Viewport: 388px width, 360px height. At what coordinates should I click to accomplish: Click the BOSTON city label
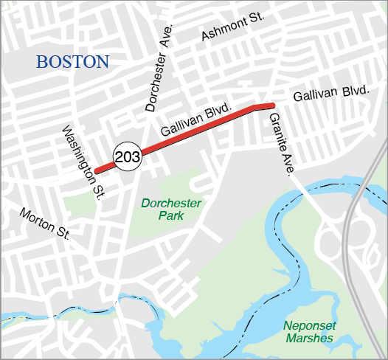[72, 62]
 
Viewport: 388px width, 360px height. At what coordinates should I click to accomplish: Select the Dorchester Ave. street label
[159, 67]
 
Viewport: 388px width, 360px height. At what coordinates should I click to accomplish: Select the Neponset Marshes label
[308, 331]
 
